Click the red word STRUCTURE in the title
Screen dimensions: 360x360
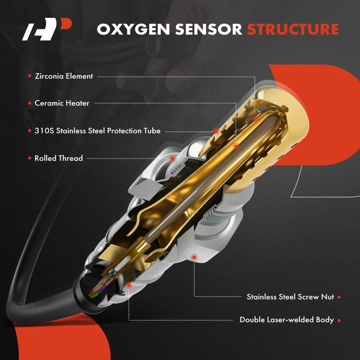tap(293, 29)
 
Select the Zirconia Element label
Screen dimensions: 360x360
tap(64, 76)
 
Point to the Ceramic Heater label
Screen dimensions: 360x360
tap(62, 103)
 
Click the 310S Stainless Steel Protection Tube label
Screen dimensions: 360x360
tap(97, 131)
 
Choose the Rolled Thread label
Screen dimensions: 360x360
tap(59, 158)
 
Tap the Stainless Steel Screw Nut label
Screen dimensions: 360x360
tap(290, 297)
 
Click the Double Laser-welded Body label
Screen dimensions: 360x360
tap(287, 320)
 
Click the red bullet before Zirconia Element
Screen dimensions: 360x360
tap(30, 76)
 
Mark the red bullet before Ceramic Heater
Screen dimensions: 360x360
tap(30, 103)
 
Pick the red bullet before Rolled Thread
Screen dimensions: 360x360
tap(30, 158)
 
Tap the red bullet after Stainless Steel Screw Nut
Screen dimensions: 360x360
tap(339, 297)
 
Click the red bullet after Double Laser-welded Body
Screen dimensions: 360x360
tap(339, 320)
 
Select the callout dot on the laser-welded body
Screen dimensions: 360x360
tap(129, 284)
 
